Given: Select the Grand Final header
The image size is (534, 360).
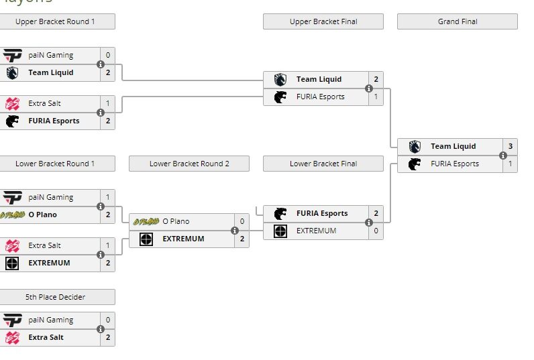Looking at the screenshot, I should point(458,21).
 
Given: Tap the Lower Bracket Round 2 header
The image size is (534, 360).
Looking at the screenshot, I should point(189,164).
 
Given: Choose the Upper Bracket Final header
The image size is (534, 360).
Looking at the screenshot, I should point(323,21).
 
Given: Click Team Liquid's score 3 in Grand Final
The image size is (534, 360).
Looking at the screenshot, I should point(510,146).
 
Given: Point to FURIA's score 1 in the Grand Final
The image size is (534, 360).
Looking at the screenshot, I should point(510,164).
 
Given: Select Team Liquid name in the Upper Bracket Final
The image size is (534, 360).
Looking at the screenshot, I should point(319,79).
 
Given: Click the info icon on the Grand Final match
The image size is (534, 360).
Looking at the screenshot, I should point(503,155).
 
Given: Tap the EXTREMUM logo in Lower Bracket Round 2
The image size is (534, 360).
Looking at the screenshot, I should point(146,239).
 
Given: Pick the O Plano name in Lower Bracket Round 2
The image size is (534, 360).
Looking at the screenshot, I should point(176,221).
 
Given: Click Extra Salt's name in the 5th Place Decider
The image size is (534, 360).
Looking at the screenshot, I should point(46,337).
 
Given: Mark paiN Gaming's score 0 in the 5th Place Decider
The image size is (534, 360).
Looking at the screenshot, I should point(107,320).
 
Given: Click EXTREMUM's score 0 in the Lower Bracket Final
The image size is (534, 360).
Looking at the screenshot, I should point(376,231).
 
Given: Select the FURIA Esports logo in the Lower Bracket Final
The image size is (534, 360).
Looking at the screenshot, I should point(280,213).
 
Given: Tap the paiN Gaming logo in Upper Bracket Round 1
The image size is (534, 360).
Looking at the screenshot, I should point(12,55).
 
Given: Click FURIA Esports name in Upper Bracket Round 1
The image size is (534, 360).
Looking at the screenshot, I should point(54,121).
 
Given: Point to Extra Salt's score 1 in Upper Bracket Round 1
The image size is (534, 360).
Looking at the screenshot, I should point(107,103).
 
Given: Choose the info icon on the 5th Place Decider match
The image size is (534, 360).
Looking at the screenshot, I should point(101,328).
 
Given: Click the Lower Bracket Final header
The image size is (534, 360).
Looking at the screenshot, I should point(323,164).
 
